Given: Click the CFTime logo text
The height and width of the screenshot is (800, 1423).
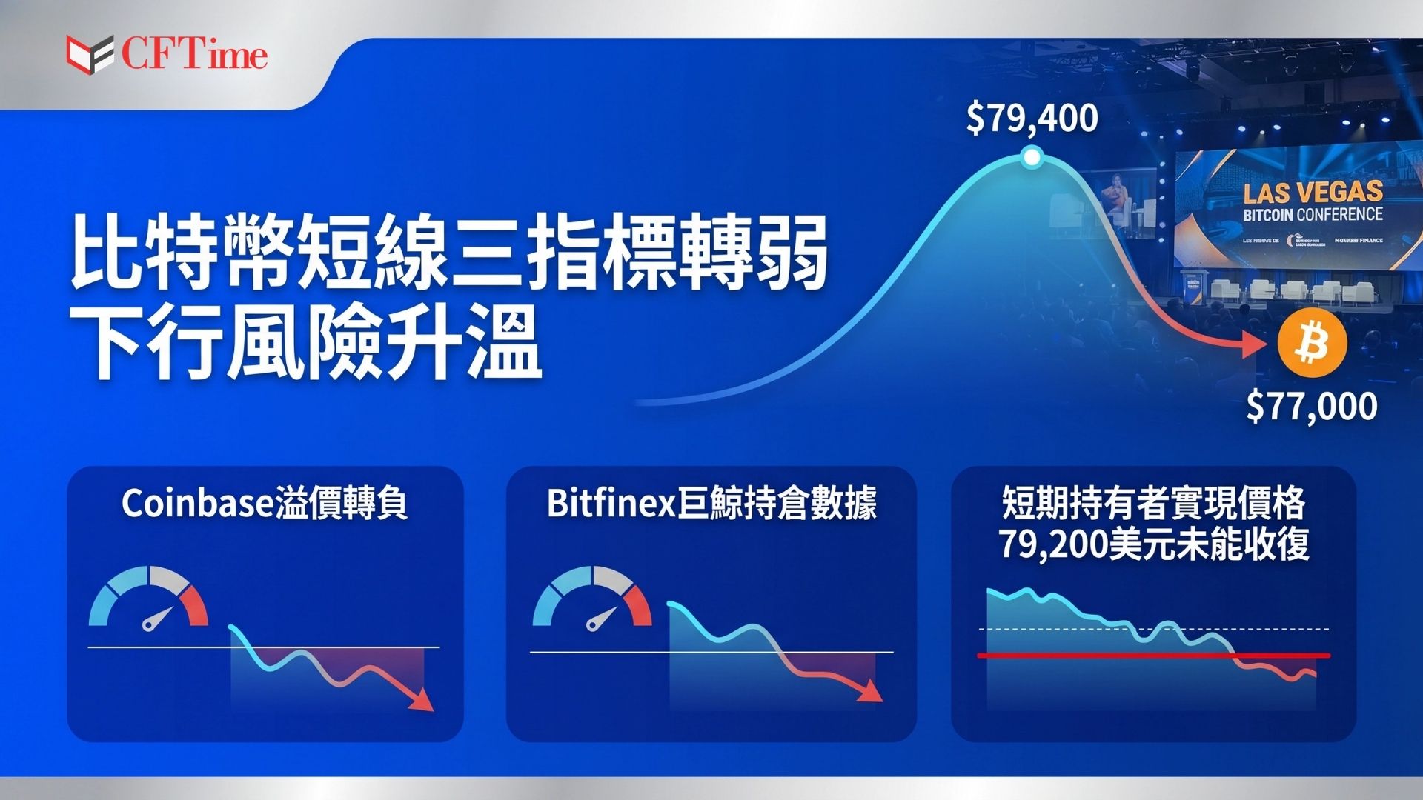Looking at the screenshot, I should (x=194, y=55).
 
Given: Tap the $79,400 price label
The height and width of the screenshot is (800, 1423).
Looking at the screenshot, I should (x=1032, y=119).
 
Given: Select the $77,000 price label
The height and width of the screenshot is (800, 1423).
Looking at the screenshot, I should (x=1311, y=407).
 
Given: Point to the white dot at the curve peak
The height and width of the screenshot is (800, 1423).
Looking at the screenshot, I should (x=1031, y=157).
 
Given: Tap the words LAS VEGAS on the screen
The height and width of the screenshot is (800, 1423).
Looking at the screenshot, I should (x=1313, y=192).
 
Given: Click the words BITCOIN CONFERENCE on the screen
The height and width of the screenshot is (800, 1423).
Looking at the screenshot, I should (x=1313, y=215).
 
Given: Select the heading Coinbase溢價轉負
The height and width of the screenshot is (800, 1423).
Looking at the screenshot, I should (x=265, y=504).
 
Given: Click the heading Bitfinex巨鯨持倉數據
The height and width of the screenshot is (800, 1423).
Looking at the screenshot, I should (x=711, y=504).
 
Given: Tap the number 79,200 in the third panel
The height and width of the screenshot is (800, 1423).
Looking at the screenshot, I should (x=1052, y=544).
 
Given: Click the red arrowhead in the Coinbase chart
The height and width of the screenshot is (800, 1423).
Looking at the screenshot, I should (x=424, y=701).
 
